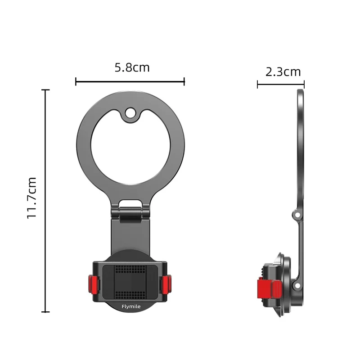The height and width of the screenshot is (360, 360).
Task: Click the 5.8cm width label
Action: point(132,67)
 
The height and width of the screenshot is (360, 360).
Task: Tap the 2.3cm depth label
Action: point(283,71)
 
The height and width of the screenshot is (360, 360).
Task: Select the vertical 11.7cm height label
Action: point(31,198)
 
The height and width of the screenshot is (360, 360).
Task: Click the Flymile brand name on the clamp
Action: point(131,307)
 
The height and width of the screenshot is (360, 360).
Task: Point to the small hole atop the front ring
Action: point(131,114)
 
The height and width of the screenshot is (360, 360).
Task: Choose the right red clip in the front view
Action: point(167,283)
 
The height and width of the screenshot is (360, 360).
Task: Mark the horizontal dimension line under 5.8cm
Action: point(130,81)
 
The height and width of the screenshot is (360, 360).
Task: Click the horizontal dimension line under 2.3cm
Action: point(281,84)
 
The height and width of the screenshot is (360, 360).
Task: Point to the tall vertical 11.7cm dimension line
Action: point(45,200)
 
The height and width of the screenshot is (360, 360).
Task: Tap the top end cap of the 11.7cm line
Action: point(45,90)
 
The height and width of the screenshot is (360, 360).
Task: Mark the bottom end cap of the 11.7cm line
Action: point(45,311)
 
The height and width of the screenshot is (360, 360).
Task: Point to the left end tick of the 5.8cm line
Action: point(76,81)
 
